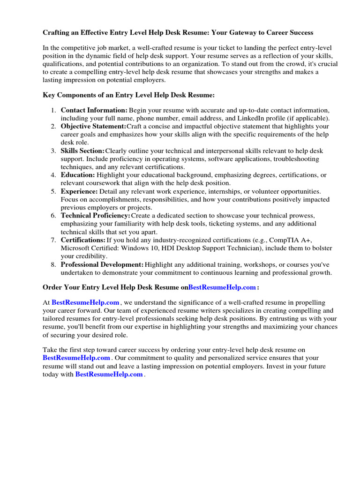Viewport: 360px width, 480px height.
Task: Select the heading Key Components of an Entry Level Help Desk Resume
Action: pyautogui.click(x=129, y=95)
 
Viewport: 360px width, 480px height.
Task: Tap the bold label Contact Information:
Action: pyautogui.click(x=94, y=110)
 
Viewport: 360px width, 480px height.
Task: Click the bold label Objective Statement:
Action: pyautogui.click(x=93, y=127)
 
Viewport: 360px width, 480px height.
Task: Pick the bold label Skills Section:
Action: pyautogui.click(x=83, y=151)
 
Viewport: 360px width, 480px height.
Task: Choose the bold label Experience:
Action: pyautogui.click(x=79, y=191)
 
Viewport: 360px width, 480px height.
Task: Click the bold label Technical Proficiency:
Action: pyautogui.click(x=96, y=216)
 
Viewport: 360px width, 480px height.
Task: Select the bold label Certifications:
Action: pyautogui.click(x=83, y=240)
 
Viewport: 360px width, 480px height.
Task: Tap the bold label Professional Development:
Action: pyautogui.click(x=102, y=265)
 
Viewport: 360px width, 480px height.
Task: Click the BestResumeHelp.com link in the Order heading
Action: pyautogui.click(x=222, y=287)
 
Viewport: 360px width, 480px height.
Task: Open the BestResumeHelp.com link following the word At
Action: pyautogui.click(x=85, y=303)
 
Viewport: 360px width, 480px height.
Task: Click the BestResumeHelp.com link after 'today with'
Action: pyautogui.click(x=109, y=375)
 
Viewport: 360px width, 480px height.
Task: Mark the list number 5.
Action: pyautogui.click(x=53, y=191)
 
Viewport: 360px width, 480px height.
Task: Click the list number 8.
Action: pyautogui.click(x=53, y=265)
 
